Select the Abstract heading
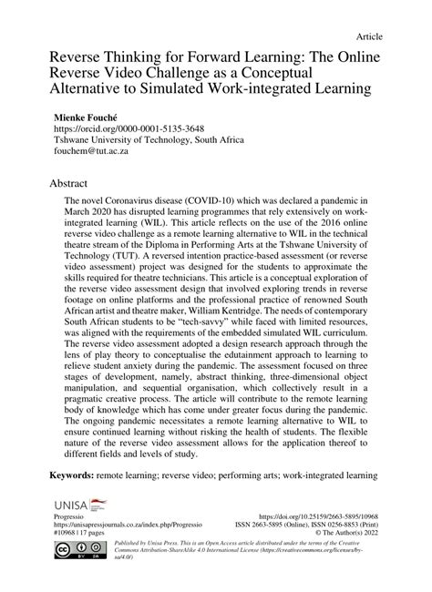56,181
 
